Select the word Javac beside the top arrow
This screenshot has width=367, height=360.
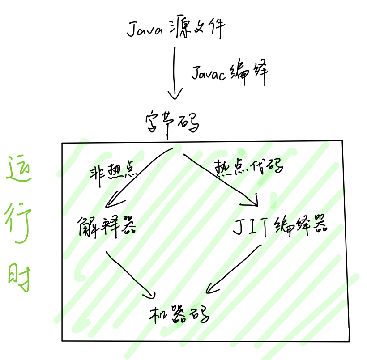[210, 73]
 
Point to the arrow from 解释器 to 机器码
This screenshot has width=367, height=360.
[130, 274]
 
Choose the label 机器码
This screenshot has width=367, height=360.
[179, 315]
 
